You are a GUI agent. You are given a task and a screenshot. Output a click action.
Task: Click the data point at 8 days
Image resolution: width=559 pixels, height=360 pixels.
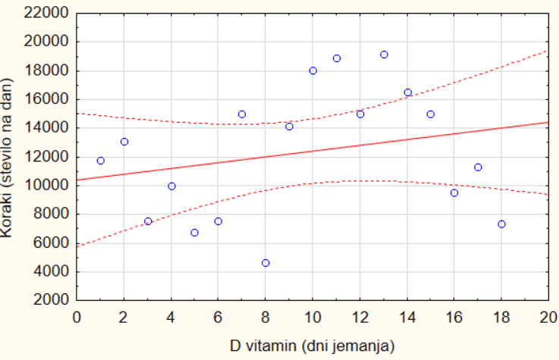click(265, 263)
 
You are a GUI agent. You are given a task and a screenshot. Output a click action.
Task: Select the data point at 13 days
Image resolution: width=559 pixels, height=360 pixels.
click(384, 55)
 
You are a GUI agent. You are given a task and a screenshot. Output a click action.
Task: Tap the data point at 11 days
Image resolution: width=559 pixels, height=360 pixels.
click(337, 58)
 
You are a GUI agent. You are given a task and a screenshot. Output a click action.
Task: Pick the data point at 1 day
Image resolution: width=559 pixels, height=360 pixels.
click(101, 161)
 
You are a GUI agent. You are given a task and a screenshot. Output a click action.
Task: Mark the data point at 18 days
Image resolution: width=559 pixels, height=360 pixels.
click(501, 224)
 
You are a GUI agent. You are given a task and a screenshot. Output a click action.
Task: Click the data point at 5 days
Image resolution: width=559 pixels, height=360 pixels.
click(195, 233)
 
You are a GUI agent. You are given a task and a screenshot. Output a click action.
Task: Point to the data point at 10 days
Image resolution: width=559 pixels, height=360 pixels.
click(312, 70)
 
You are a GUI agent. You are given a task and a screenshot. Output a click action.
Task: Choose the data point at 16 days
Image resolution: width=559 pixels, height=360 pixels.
click(454, 193)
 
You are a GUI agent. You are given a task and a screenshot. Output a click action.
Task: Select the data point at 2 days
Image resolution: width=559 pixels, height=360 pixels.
click(124, 142)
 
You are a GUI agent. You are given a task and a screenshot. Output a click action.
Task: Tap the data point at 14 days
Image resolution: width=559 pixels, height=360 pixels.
click(407, 92)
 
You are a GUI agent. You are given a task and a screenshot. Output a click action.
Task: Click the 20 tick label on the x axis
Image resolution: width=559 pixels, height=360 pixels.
click(548, 316)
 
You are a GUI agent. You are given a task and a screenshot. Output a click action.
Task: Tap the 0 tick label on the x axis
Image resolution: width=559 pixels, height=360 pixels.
click(77, 316)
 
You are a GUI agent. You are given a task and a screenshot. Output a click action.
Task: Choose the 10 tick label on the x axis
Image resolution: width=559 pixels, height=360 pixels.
click(312, 316)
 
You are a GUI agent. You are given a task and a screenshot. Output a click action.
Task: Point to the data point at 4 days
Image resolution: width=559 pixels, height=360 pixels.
click(171, 186)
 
